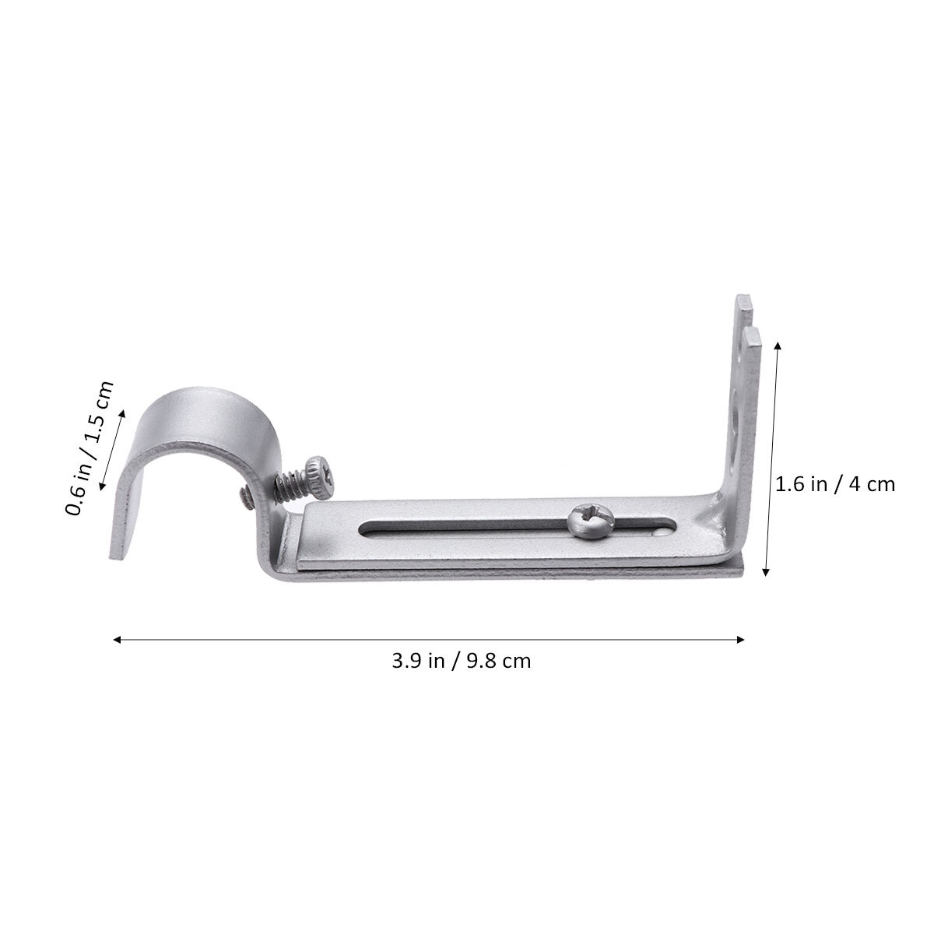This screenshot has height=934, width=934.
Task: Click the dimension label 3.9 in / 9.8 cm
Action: [461, 661]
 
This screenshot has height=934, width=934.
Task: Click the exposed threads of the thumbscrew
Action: [290, 486]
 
